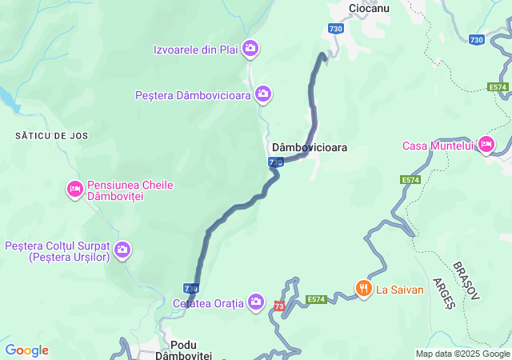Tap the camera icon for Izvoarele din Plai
tap(250, 50)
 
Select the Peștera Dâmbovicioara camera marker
tap(263, 95)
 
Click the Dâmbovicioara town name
tap(310, 148)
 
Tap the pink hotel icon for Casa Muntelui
tap(485, 145)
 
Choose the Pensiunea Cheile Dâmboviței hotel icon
tap(74, 190)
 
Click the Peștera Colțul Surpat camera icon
tap(122, 250)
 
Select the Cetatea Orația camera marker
tap(256, 302)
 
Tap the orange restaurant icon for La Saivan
tap(363, 289)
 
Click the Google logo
tap(26, 350)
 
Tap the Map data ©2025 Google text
tap(462, 354)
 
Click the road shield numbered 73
tap(279, 306)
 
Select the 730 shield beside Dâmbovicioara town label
tap(275, 162)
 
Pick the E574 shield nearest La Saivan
tap(316, 299)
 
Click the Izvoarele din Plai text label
tap(196, 50)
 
